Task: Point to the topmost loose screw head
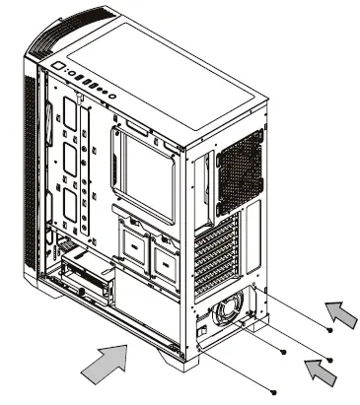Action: [328, 329]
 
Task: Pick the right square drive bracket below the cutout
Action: [164, 255]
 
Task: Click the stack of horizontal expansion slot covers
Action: [220, 258]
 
